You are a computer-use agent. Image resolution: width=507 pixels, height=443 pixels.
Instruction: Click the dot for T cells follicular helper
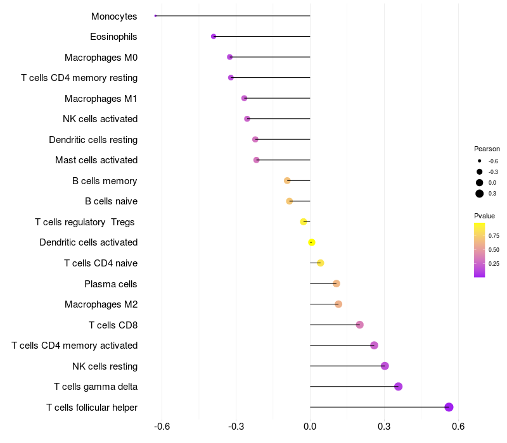(x=449, y=407)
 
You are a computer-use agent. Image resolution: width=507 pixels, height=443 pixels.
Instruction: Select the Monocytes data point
(x=155, y=16)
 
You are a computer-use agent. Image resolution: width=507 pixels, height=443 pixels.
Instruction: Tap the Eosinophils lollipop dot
(x=214, y=37)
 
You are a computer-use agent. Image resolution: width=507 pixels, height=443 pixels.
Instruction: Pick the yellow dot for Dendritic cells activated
(x=311, y=242)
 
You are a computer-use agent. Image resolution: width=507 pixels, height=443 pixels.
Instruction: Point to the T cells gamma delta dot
(x=398, y=387)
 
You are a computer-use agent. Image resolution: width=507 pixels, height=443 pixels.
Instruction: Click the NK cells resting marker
(x=385, y=366)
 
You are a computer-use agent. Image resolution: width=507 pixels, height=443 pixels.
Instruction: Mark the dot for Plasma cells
(x=336, y=284)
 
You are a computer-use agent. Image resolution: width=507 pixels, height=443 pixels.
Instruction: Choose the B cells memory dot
(x=287, y=180)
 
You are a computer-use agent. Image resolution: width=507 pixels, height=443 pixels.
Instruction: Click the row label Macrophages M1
(x=101, y=98)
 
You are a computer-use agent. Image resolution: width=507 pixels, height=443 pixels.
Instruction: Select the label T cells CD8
(x=113, y=325)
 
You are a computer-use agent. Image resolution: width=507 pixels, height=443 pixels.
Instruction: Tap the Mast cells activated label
(x=96, y=160)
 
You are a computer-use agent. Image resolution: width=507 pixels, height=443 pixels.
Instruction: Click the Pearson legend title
(x=487, y=149)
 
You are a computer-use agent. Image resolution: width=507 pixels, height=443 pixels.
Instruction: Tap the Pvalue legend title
(x=485, y=216)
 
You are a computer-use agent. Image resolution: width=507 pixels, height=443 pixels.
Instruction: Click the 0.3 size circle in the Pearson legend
(x=480, y=194)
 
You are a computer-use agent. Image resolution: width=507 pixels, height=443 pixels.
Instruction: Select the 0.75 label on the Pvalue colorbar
(x=494, y=235)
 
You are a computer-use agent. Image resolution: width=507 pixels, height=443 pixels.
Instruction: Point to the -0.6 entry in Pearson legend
(x=493, y=161)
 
